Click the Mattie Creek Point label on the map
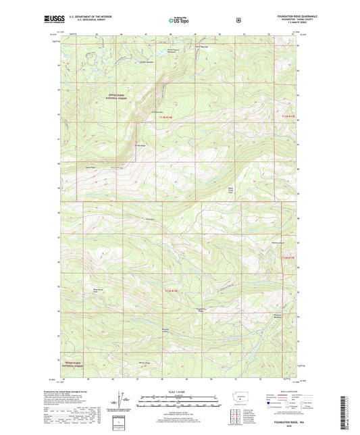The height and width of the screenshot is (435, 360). (x=236, y=190)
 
